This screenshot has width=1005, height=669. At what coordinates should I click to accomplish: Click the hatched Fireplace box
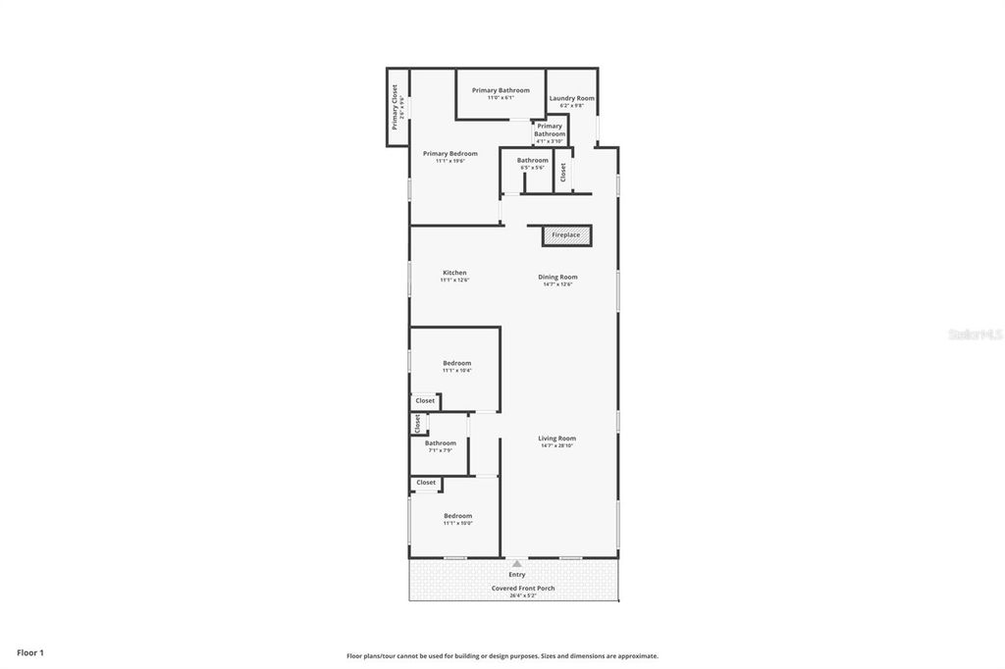point(566,235)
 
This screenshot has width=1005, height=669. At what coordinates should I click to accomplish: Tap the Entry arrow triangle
point(517,563)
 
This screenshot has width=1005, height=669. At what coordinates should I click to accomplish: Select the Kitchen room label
point(454,273)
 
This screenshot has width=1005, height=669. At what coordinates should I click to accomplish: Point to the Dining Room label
point(557,277)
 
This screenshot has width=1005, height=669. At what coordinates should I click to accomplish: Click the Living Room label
point(556,438)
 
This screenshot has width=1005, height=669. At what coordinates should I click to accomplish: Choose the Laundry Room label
point(572,98)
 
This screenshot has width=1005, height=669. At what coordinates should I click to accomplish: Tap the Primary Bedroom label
point(450,153)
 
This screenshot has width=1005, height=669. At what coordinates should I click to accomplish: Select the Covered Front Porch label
point(523,589)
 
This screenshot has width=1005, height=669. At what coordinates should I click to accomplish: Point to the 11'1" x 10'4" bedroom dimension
point(457,371)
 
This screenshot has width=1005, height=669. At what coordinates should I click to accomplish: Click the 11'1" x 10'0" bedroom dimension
point(457,524)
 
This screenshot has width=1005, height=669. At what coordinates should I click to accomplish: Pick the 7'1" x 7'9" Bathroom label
point(440,443)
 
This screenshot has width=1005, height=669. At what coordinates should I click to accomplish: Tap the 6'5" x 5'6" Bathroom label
point(533,161)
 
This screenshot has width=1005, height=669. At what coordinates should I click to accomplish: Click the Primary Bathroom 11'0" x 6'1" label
point(501,90)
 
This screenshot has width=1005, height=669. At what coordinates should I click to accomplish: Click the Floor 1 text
point(30,652)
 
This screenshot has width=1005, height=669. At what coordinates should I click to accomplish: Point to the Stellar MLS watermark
point(974,334)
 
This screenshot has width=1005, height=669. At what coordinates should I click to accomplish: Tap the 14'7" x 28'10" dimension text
point(556,446)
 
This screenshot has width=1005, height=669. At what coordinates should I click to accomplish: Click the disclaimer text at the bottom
point(502,656)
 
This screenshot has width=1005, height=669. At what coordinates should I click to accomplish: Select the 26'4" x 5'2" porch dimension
point(523,595)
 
